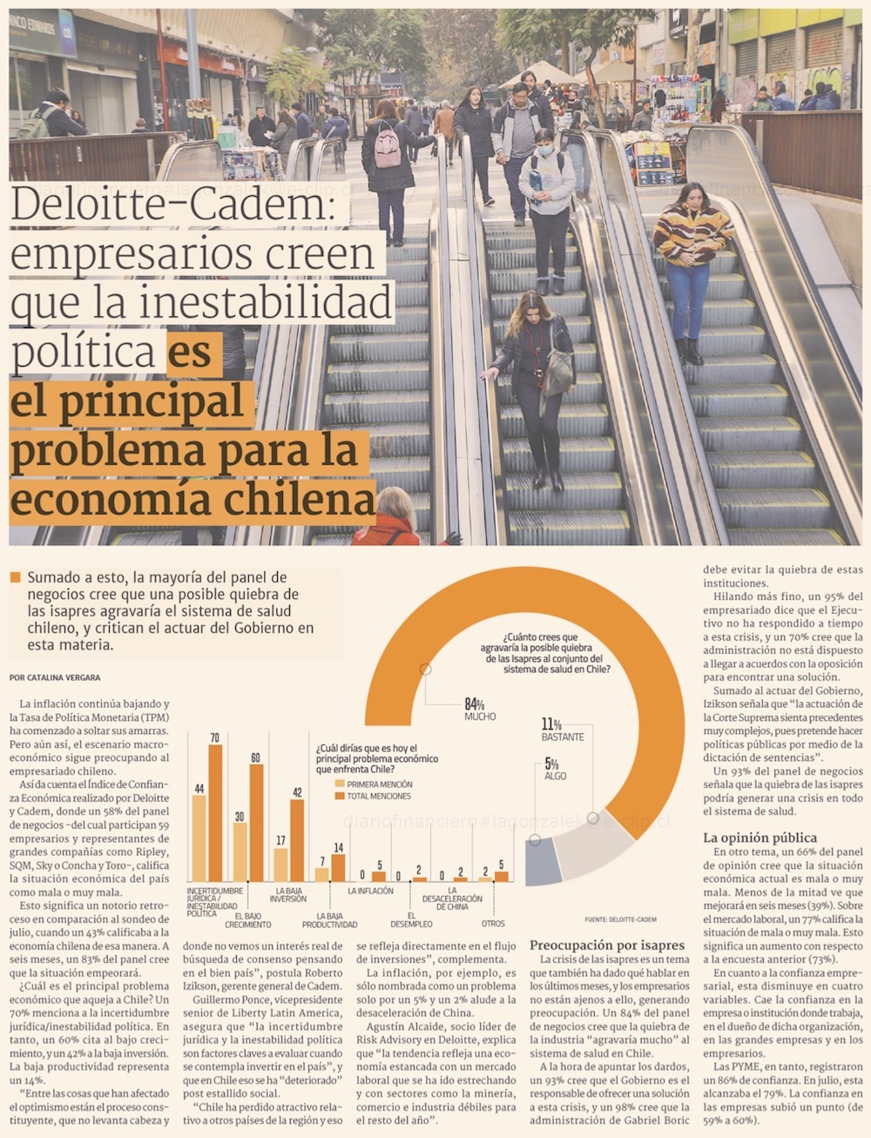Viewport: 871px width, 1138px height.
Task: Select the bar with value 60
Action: (256, 822)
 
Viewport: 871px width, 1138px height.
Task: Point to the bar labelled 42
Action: (297, 839)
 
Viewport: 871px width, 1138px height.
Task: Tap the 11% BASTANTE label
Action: (563, 730)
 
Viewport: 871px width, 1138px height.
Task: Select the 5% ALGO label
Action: (554, 769)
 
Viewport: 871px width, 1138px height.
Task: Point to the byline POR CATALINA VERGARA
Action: (55, 677)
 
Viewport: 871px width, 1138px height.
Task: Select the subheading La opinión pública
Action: (747, 838)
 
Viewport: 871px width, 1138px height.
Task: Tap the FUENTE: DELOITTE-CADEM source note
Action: (621, 919)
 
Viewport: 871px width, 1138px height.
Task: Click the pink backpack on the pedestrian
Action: (387, 147)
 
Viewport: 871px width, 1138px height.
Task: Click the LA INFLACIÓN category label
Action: (370, 891)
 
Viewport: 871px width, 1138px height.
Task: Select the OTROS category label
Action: (493, 924)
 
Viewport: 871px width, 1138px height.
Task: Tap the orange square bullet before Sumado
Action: (15, 577)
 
